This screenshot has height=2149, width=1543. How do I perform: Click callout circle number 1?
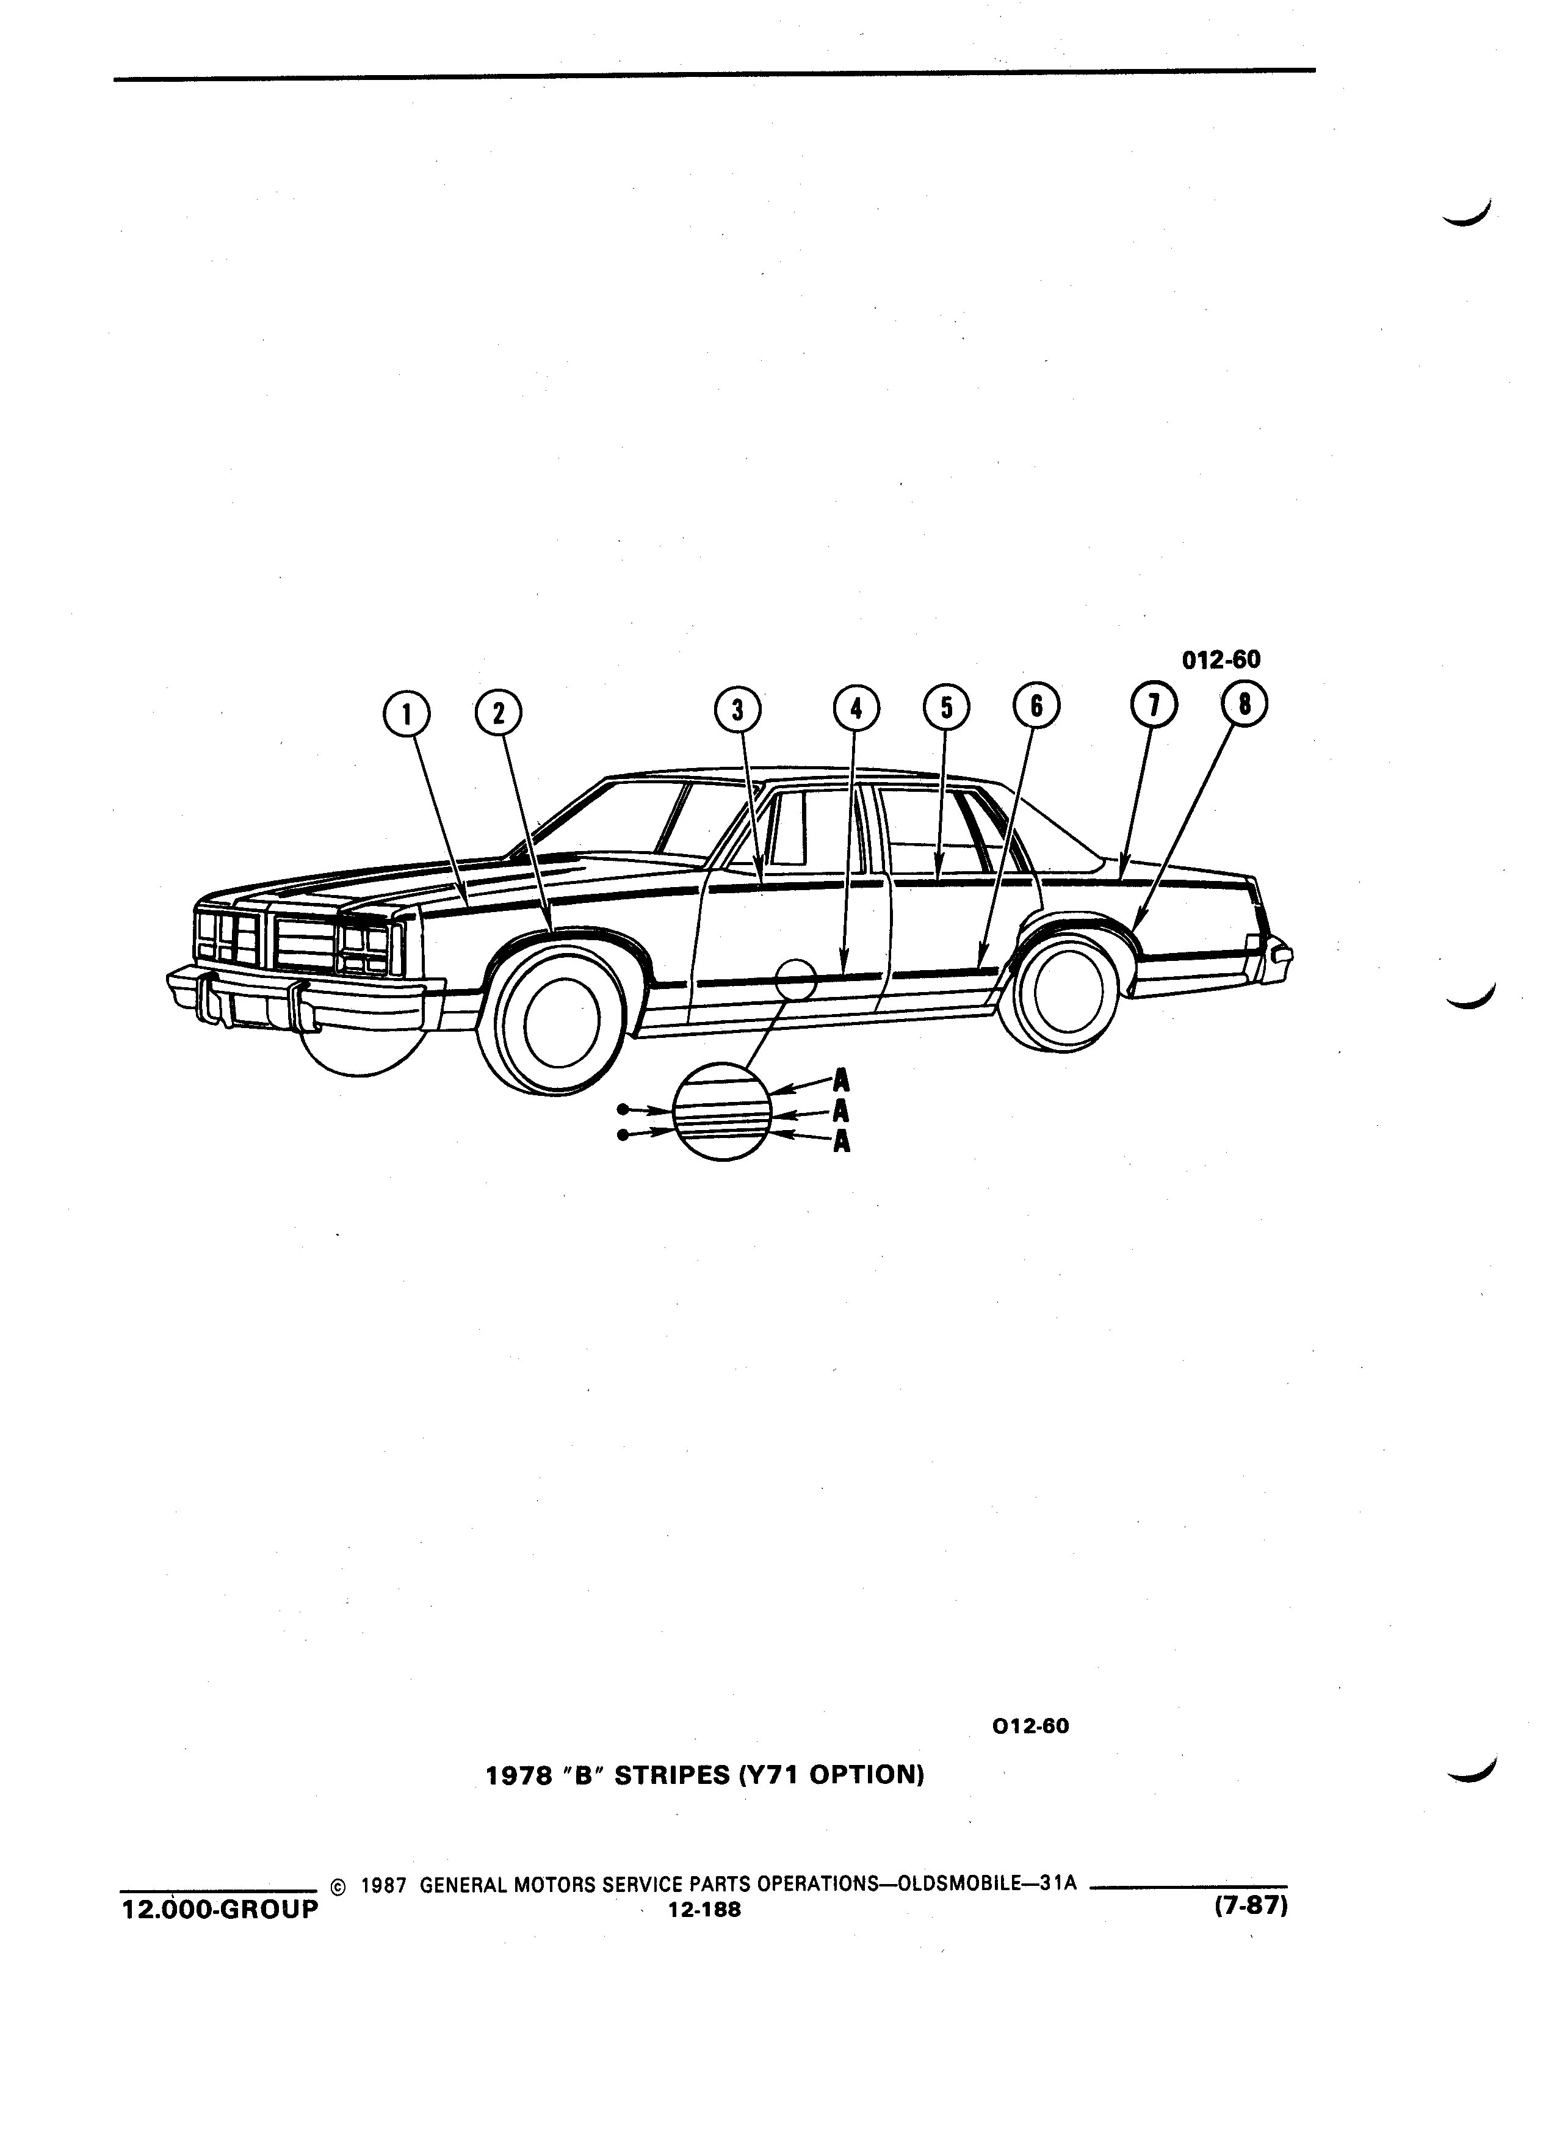[407, 714]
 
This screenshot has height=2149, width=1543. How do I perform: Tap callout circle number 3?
[738, 709]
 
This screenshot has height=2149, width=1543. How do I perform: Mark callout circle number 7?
[1154, 705]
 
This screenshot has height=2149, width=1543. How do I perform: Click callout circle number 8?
[1244, 704]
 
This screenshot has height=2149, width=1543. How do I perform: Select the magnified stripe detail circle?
[723, 1112]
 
